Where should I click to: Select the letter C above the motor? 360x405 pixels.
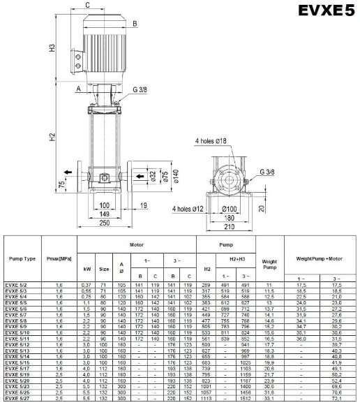pos(87,6)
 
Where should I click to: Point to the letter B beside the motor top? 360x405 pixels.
pos(135,23)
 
